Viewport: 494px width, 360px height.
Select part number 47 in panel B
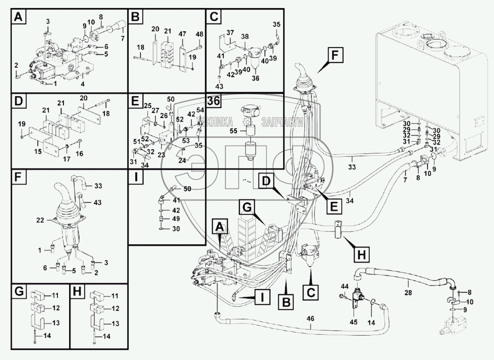click(182, 34)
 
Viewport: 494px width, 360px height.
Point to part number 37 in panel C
click(230, 33)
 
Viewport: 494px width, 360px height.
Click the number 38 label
click(245, 36)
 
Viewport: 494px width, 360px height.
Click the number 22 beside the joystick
click(40, 220)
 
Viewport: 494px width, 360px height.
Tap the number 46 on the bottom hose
click(310, 319)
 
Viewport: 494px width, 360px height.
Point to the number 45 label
click(353, 322)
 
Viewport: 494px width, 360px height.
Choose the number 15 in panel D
click(38, 151)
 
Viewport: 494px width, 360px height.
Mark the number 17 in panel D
click(67, 159)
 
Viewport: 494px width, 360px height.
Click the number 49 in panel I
click(176, 219)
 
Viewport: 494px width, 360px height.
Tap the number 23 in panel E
click(161, 154)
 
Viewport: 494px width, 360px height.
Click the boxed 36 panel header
click(214, 100)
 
